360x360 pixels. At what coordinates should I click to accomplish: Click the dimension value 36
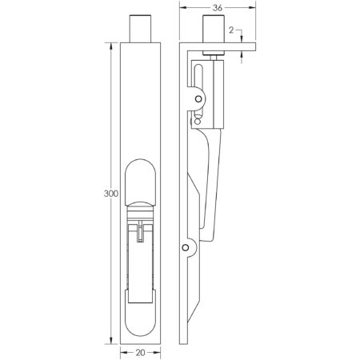(217, 9)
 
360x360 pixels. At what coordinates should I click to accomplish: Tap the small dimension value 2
(231, 30)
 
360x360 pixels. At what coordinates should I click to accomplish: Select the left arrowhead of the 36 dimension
(182, 9)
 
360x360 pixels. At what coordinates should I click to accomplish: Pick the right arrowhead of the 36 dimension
(253, 9)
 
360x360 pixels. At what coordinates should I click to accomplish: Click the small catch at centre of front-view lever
(141, 232)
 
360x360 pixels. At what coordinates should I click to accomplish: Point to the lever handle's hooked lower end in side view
(210, 240)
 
